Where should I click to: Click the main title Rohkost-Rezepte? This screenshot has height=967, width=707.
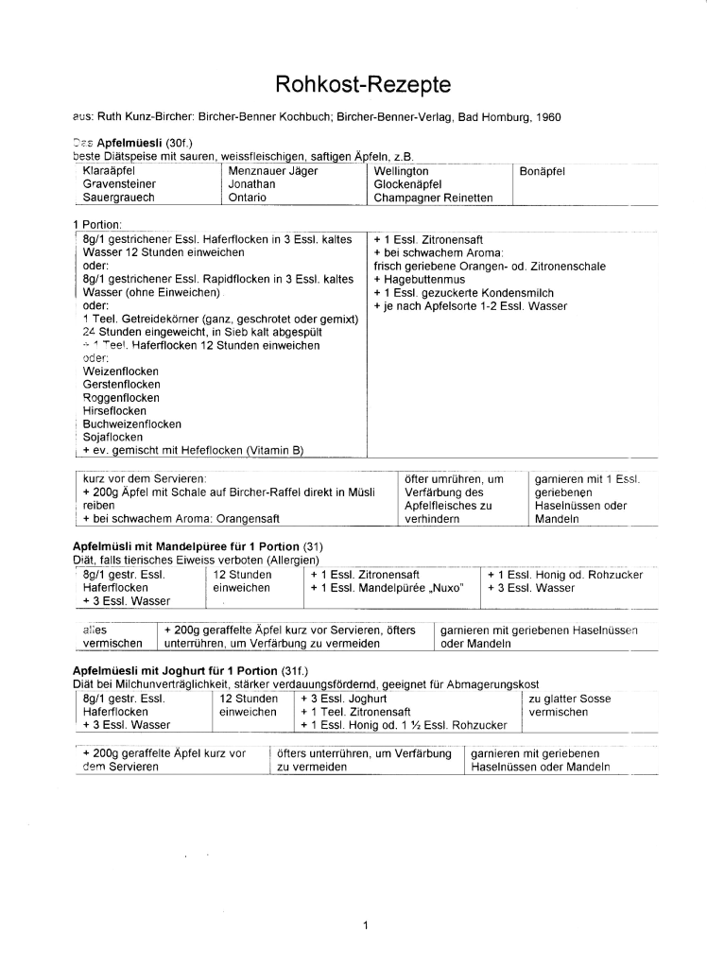click(363, 85)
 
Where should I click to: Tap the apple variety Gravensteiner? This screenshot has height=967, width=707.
click(120, 184)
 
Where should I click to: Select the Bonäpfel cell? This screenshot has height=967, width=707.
click(543, 171)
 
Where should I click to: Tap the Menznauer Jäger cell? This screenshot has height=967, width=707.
click(273, 171)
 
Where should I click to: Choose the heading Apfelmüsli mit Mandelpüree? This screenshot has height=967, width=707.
click(149, 547)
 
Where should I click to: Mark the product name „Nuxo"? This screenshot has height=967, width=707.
click(448, 587)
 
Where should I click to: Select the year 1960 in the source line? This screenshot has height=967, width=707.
click(548, 120)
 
